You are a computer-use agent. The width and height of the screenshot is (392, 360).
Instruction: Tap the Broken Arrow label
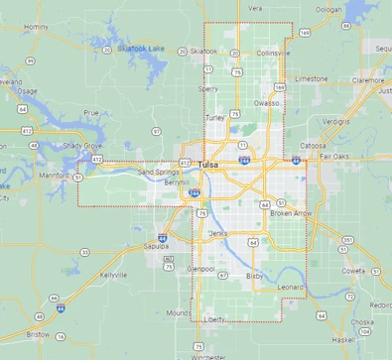[x=292, y=213]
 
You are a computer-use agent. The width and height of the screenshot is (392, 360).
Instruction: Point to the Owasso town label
[x=266, y=102]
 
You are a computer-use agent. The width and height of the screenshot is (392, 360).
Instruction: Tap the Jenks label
[x=218, y=232]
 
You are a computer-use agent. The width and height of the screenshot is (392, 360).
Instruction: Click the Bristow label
[x=38, y=335]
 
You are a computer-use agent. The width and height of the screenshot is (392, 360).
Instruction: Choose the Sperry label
[x=208, y=88]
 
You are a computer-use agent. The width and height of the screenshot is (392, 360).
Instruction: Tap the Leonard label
[x=290, y=287]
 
